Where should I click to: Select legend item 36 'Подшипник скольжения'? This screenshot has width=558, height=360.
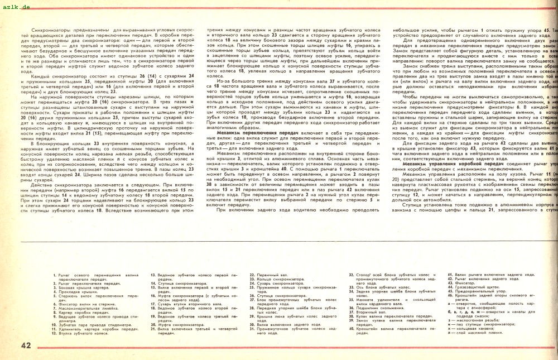(x=379, y=308)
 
